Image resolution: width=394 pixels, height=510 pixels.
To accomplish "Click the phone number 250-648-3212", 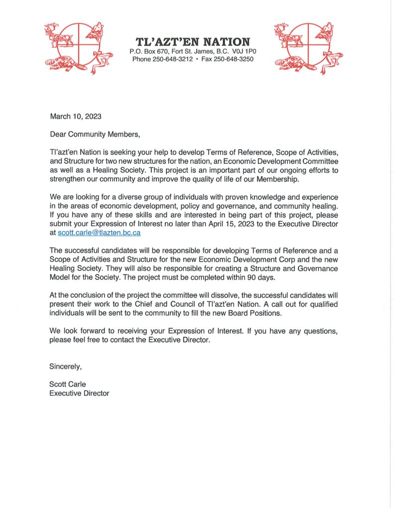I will (172, 59).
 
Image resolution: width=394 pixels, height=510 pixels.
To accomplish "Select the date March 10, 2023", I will (75, 117).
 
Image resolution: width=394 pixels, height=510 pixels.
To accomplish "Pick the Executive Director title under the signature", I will (79, 393).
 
